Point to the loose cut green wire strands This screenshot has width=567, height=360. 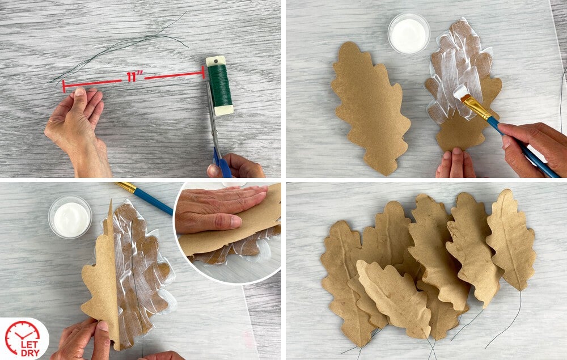click(119, 47)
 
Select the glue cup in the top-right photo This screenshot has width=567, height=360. click(409, 34)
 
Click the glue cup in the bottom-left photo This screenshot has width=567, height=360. click(70, 217)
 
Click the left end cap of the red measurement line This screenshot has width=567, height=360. click(64, 86)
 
